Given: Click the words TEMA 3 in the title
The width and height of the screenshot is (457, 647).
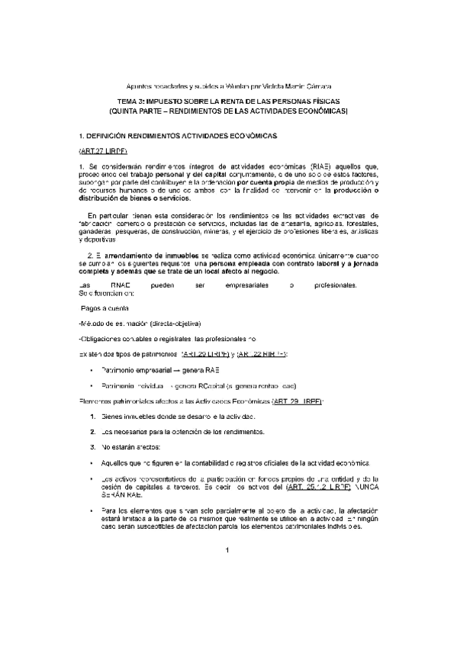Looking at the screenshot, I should (x=134, y=101).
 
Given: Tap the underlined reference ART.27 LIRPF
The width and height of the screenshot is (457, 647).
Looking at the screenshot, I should (x=101, y=150).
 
